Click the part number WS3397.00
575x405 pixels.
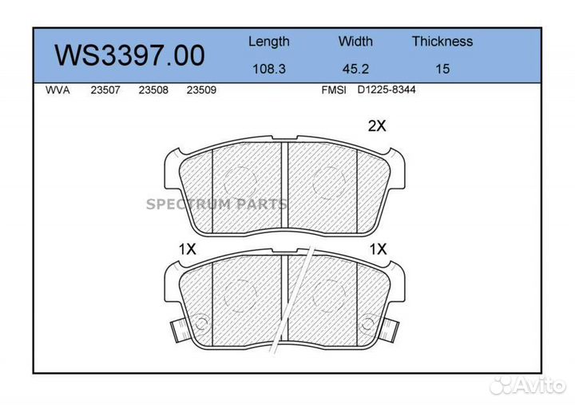tap(129, 55)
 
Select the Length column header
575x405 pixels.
tap(269, 42)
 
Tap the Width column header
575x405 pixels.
tap(355, 42)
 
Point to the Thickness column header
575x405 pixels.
tap(442, 42)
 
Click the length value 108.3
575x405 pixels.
tap(269, 69)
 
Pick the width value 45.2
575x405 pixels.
tap(355, 69)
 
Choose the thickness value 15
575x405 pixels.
tap(442, 69)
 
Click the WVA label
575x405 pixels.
tap(58, 90)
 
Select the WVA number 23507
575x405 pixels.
tap(105, 90)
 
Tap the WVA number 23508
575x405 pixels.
tap(153, 90)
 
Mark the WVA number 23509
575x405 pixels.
tap(201, 90)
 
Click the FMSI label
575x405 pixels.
tap(333, 90)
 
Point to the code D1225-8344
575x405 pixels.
tap(387, 89)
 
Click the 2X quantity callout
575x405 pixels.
tap(377, 125)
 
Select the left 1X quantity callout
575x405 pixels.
tap(187, 249)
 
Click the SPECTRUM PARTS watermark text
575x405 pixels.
tap(216, 204)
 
